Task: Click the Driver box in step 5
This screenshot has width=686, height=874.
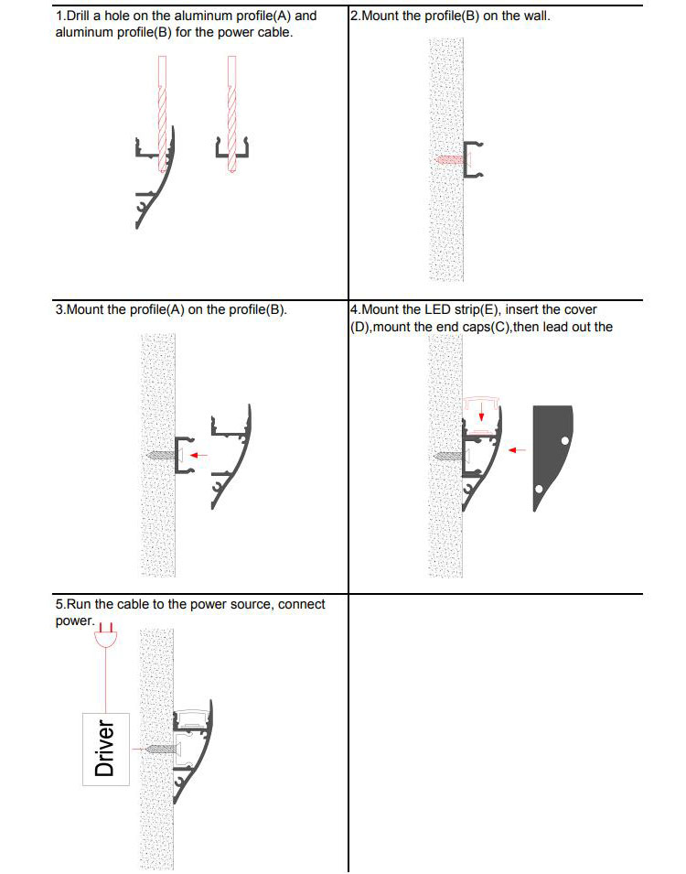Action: [107, 746]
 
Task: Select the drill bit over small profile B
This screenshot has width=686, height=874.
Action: [232, 114]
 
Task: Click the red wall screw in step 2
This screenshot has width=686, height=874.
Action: [450, 158]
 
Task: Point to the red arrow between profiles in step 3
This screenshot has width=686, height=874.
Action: [201, 453]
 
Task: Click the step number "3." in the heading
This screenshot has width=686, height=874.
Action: [60, 309]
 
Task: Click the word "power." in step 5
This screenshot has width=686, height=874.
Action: [74, 620]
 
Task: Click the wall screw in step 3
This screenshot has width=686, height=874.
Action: [158, 454]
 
